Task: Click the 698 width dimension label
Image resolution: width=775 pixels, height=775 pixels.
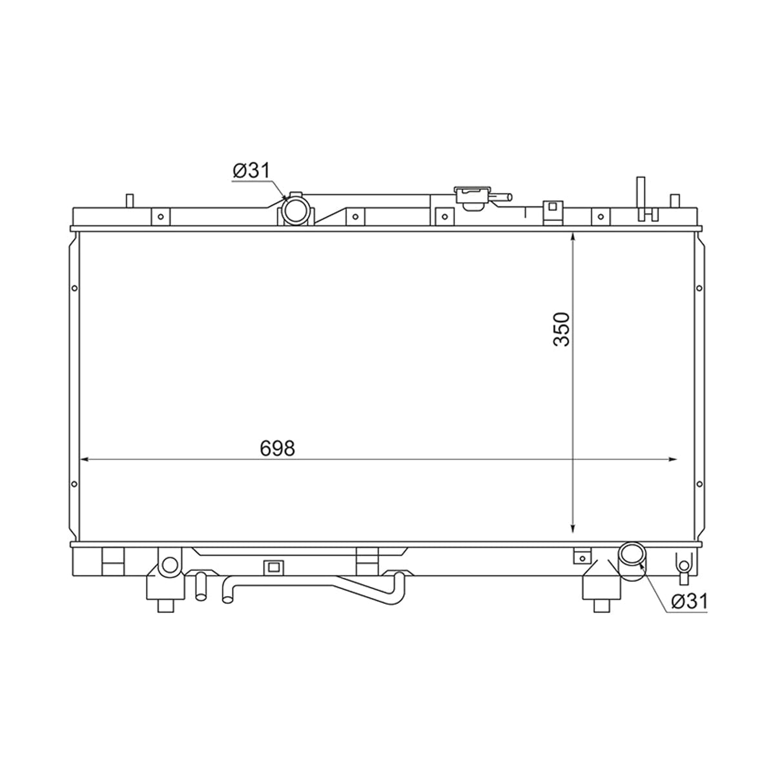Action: [x=278, y=448]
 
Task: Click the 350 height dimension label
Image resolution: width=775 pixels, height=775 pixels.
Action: [x=561, y=329]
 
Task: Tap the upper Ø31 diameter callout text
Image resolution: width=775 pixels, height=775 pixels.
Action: [x=251, y=170]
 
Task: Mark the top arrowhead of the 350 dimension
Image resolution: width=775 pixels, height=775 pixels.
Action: [x=573, y=237]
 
